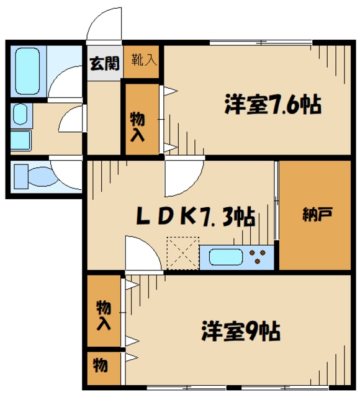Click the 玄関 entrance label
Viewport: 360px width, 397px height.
(104, 63)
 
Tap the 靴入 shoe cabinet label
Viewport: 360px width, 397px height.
(143, 60)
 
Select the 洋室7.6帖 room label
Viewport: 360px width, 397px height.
(272, 105)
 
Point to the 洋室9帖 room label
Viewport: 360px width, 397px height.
(241, 329)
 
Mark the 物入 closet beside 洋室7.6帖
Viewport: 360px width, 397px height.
(137, 125)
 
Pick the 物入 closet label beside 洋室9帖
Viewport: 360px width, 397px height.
(104, 314)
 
